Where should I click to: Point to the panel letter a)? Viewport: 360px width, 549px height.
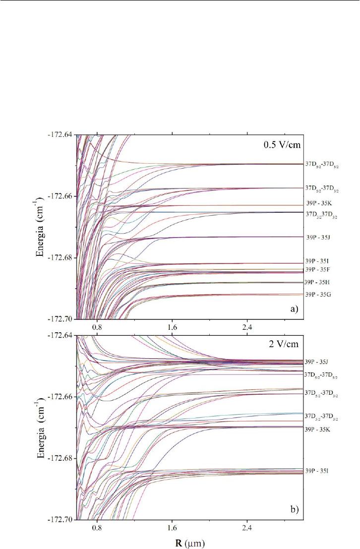(x=294, y=308)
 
